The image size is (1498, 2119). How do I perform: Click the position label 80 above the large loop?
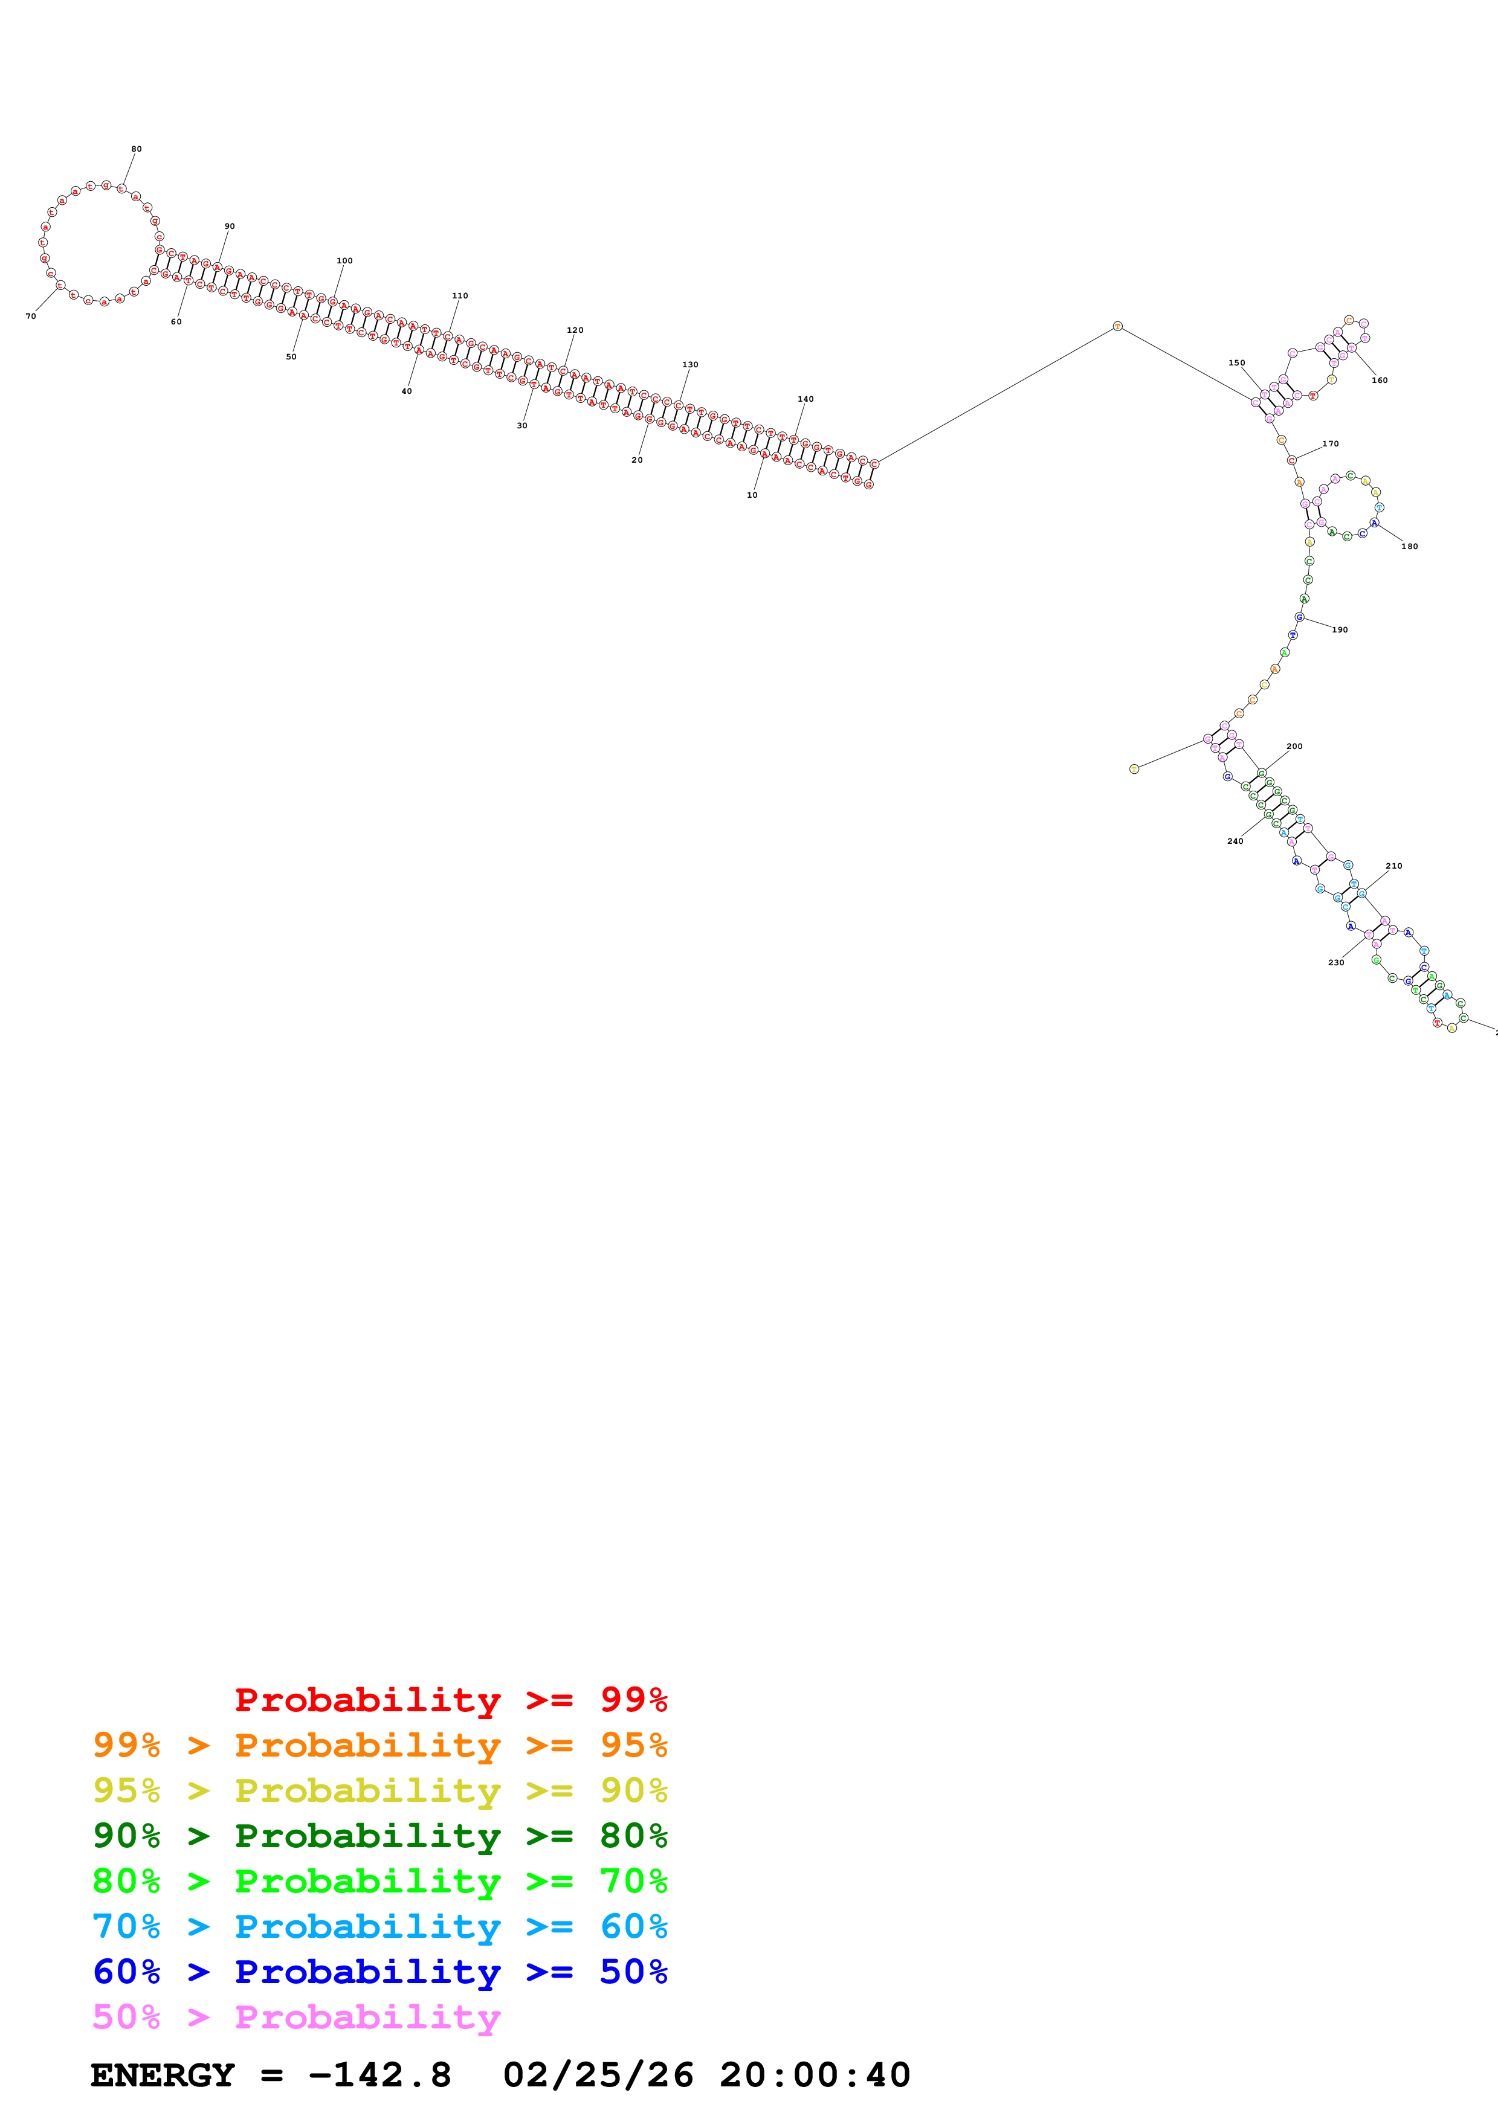tap(137, 149)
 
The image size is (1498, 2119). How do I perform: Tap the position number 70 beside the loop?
tap(30, 317)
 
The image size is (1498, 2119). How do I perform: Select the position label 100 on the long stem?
tap(344, 260)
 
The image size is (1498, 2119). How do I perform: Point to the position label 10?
tap(752, 495)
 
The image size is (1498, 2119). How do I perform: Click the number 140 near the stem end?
tap(805, 399)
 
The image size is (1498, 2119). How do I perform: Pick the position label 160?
tap(1380, 380)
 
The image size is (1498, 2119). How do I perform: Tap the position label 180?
tap(1409, 547)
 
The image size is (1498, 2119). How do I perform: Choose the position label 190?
tap(1339, 629)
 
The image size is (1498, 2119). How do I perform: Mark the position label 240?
tap(1235, 841)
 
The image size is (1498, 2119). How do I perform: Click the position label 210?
tap(1393, 866)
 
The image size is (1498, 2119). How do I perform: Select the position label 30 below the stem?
tap(521, 425)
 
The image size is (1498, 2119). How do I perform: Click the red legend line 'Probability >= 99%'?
tap(450, 1699)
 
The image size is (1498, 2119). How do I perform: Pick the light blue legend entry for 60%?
tap(379, 1926)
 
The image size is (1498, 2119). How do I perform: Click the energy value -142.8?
tap(379, 2075)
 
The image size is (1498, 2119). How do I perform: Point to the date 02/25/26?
tap(598, 2075)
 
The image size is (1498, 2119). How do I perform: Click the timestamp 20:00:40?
tap(815, 2075)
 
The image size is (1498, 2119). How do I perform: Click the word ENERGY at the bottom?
tap(163, 2075)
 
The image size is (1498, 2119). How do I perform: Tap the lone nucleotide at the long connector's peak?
tap(1117, 326)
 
